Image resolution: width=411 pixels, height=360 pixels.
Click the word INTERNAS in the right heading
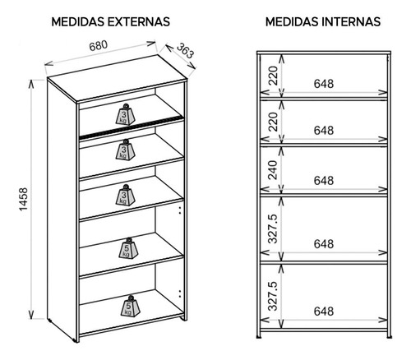(350, 22)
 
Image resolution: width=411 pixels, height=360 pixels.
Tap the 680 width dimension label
(98, 45)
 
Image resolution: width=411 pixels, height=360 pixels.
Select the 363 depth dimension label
(185, 50)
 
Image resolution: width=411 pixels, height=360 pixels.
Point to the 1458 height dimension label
(24, 199)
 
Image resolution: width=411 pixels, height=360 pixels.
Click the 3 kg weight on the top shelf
(125, 114)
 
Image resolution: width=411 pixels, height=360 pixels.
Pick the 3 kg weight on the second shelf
(125, 150)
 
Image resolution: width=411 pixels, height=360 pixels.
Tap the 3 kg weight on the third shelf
(125, 195)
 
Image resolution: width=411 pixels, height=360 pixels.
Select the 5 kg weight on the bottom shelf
(131, 306)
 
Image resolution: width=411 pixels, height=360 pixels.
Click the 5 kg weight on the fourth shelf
(128, 247)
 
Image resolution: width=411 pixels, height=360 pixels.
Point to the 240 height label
(273, 170)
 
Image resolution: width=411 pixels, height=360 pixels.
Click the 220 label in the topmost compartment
(273, 75)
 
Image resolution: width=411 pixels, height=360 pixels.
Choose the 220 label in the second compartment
(273, 122)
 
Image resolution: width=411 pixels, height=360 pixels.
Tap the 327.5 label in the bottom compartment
(273, 296)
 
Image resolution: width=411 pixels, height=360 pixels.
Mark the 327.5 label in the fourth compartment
(273, 228)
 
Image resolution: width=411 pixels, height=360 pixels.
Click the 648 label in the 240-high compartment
(324, 181)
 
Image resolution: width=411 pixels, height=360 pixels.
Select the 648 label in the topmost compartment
(324, 84)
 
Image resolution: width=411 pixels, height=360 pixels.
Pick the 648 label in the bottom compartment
(324, 312)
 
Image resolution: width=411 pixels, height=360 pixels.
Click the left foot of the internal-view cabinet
(258, 336)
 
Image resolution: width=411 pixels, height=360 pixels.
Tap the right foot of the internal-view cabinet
(390, 336)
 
